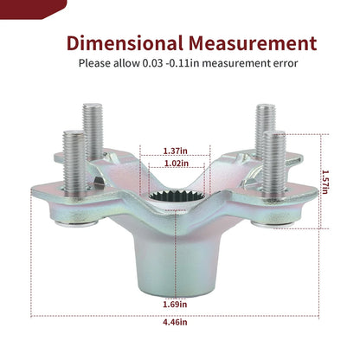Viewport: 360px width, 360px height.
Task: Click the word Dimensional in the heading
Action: pyautogui.click(x=125, y=43)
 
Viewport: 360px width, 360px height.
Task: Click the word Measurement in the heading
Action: pyautogui.click(x=253, y=43)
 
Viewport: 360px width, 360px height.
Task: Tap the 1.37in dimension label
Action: pyautogui.click(x=175, y=151)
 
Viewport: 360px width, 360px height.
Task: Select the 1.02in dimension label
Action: pyautogui.click(x=177, y=164)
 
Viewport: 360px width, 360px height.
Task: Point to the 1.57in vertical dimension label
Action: pyautogui.click(x=325, y=182)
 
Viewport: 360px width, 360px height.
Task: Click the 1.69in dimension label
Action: pyautogui.click(x=175, y=304)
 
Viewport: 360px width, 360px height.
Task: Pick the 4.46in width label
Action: pyautogui.click(x=175, y=322)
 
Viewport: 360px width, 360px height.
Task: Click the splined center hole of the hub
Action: pyautogui.click(x=177, y=196)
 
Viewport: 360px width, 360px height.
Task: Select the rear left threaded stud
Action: pyautogui.click(x=93, y=132)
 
